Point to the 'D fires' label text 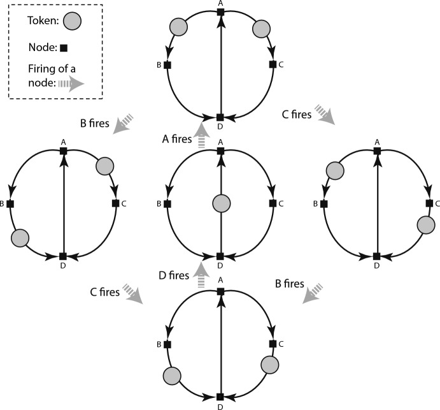tap(173, 275)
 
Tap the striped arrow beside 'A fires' tap(202, 136)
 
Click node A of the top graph tap(220, 12)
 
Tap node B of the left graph tap(10, 203)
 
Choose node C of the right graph tap(429, 203)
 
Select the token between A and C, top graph tap(262, 27)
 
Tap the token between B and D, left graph tap(20, 237)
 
